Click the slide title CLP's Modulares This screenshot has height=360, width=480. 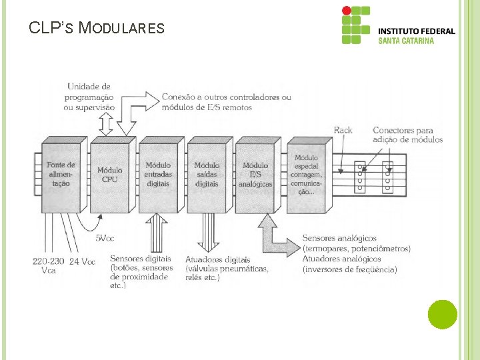point(97,28)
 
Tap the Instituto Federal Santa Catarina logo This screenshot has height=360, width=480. point(398,27)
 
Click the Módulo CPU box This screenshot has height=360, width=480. point(110,175)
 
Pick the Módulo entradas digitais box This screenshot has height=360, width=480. point(159,175)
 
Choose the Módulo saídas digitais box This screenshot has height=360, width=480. point(207,175)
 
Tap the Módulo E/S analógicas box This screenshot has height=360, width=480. point(255,175)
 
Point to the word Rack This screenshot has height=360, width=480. point(343,130)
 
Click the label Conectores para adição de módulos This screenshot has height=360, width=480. point(407,135)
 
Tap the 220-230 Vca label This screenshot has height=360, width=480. point(48,266)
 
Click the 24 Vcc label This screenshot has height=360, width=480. point(83,261)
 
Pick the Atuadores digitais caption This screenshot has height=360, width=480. point(227,269)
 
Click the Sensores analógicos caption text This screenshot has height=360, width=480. point(356,253)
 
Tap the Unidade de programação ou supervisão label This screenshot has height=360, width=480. point(89,97)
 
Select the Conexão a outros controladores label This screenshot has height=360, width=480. point(226,101)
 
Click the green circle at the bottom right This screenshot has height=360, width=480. point(442,314)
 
